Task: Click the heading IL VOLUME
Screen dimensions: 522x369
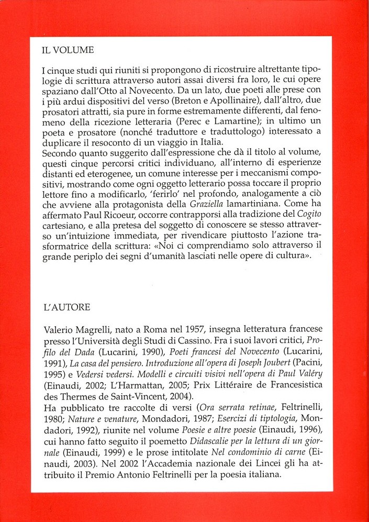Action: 68,51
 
